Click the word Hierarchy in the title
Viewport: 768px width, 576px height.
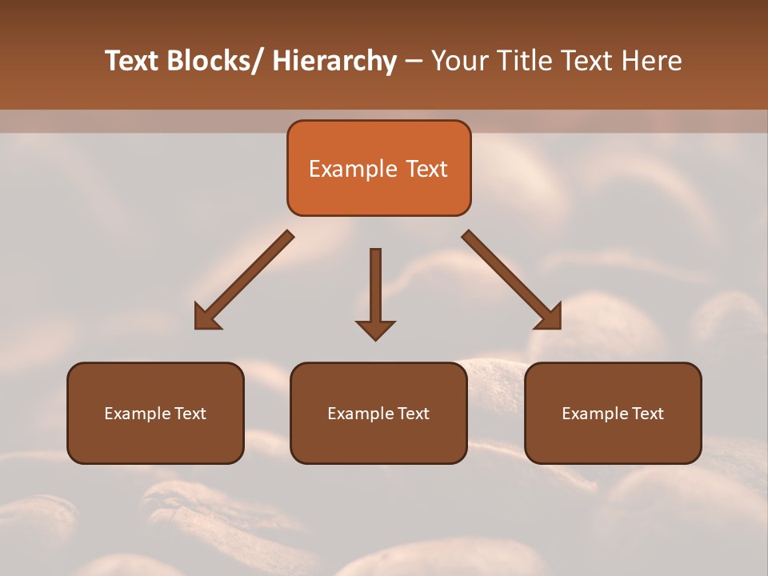[x=334, y=61]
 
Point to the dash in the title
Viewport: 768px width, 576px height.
[x=413, y=61]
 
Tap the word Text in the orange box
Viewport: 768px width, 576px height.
[x=426, y=169]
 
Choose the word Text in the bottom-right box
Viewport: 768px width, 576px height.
[x=646, y=414]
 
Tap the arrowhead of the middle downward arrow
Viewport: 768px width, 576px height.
[x=375, y=330]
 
